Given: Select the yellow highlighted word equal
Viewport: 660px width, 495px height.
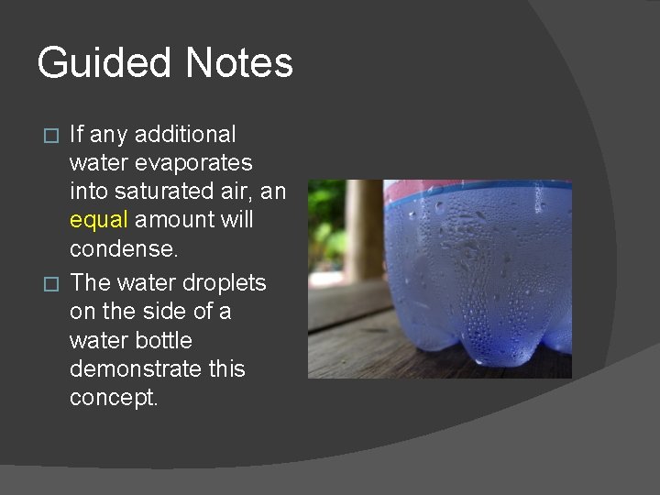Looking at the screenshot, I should click(x=98, y=221).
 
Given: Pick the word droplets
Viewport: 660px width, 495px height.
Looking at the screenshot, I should click(x=230, y=282).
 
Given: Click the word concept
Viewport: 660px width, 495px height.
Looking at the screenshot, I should click(x=113, y=399).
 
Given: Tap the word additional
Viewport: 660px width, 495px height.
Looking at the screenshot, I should click(x=185, y=135).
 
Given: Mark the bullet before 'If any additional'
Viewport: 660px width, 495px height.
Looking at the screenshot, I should click(x=52, y=136).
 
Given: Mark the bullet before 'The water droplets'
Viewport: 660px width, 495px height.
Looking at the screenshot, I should click(x=52, y=283).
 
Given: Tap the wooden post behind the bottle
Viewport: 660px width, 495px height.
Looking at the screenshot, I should click(x=366, y=229).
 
